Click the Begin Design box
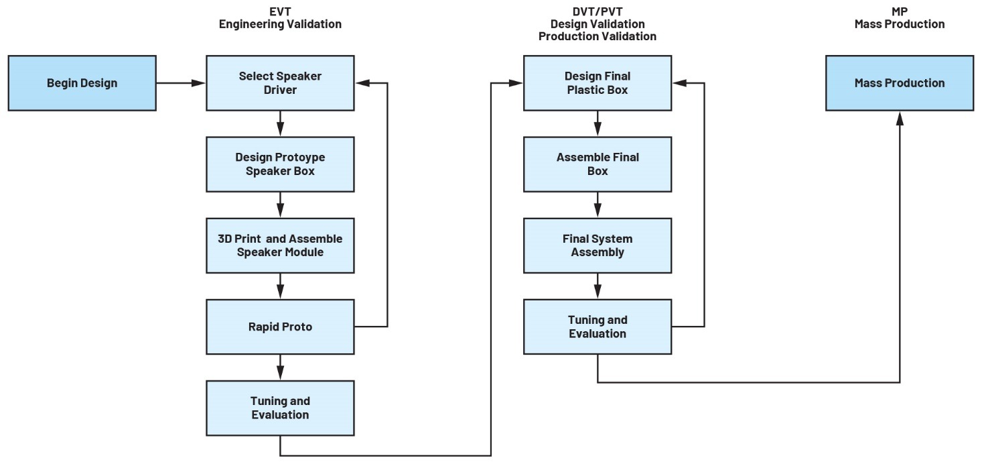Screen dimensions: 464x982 pyautogui.click(x=82, y=83)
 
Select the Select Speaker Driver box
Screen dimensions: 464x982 pyautogui.click(x=280, y=83)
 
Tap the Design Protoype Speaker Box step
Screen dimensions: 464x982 pyautogui.click(x=280, y=164)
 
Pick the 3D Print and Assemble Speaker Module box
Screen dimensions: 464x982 pyautogui.click(x=280, y=245)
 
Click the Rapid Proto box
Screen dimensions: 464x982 pyautogui.click(x=280, y=327)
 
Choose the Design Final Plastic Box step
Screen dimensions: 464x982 pyautogui.click(x=598, y=83)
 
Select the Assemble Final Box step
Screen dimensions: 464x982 pyautogui.click(x=598, y=164)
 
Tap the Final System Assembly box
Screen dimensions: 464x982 pyautogui.click(x=598, y=245)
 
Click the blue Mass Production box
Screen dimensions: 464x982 pyautogui.click(x=899, y=83)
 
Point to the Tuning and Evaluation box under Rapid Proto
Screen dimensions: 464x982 pyautogui.click(x=280, y=408)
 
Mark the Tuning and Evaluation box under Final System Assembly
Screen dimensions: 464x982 pyautogui.click(x=598, y=327)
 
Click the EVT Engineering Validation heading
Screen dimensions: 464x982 pyautogui.click(x=280, y=18)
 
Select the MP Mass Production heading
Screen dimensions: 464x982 pyautogui.click(x=899, y=18)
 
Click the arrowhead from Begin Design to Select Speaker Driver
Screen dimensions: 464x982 pyautogui.click(x=199, y=83)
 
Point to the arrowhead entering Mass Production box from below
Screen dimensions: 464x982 pyautogui.click(x=899, y=117)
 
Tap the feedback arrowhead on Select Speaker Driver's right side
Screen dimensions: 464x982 pyautogui.click(x=362, y=83)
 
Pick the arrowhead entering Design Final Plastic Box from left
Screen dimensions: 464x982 pyautogui.click(x=516, y=83)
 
